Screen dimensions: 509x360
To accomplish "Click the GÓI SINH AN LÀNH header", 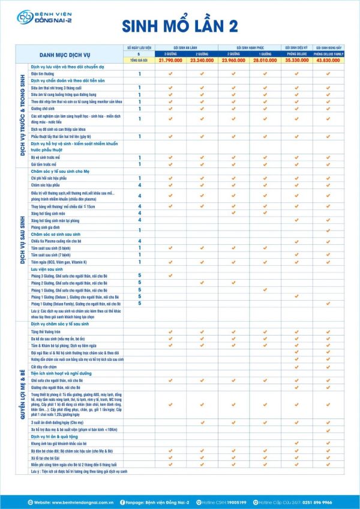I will [x=186, y=46].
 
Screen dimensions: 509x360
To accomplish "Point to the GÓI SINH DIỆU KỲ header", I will [x=296, y=46].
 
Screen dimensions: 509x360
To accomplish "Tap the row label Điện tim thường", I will [x=44, y=74].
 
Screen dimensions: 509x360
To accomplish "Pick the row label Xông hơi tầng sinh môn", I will [x=47, y=212].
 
